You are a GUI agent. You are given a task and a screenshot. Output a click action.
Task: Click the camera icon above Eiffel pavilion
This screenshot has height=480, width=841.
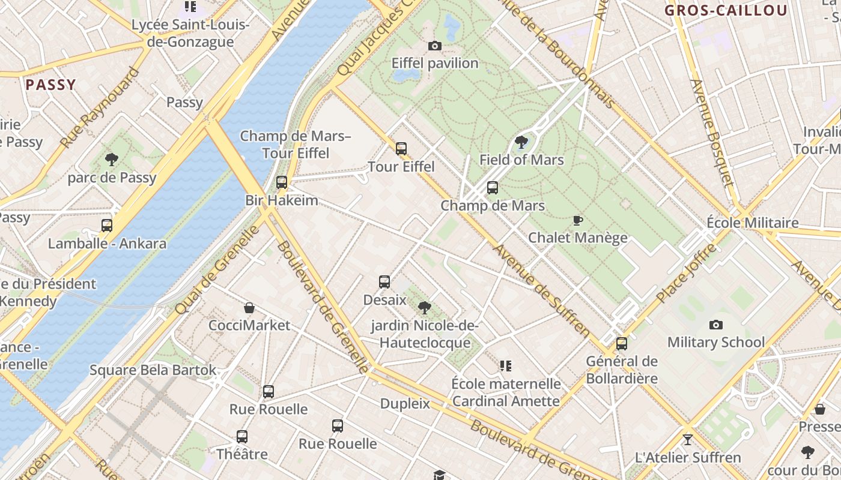(x=434, y=46)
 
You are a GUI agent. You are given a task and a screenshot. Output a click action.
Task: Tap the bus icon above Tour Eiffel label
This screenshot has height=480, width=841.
(x=401, y=148)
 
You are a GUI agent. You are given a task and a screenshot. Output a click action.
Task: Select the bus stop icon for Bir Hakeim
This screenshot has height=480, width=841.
(x=282, y=182)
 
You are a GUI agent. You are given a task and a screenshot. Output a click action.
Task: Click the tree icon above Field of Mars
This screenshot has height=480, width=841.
(x=521, y=142)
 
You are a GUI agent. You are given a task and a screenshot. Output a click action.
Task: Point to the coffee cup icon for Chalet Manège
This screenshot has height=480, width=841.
(x=578, y=220)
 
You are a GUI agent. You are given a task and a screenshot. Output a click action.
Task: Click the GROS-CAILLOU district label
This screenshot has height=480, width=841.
(x=726, y=10)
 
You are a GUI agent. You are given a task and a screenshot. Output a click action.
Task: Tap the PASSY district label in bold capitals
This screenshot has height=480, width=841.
(x=51, y=85)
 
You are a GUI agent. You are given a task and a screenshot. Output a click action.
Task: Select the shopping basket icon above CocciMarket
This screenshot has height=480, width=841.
(x=249, y=308)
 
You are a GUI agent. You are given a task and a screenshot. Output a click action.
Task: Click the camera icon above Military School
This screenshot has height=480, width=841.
(x=716, y=325)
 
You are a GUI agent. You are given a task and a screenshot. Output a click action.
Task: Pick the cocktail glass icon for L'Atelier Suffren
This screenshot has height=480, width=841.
(x=688, y=440)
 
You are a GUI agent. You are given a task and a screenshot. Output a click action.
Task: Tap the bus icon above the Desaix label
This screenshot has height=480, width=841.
(x=384, y=281)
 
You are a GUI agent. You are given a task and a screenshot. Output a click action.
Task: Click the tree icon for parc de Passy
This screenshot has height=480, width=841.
(x=111, y=160)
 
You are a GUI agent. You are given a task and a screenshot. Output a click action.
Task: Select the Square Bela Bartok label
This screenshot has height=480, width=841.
(x=153, y=370)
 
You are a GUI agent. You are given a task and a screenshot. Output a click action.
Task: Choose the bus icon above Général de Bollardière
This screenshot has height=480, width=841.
(x=622, y=344)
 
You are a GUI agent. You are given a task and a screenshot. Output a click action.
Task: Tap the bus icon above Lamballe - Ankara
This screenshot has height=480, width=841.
(x=107, y=226)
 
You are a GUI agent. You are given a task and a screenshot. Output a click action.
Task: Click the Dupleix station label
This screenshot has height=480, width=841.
(x=405, y=403)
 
